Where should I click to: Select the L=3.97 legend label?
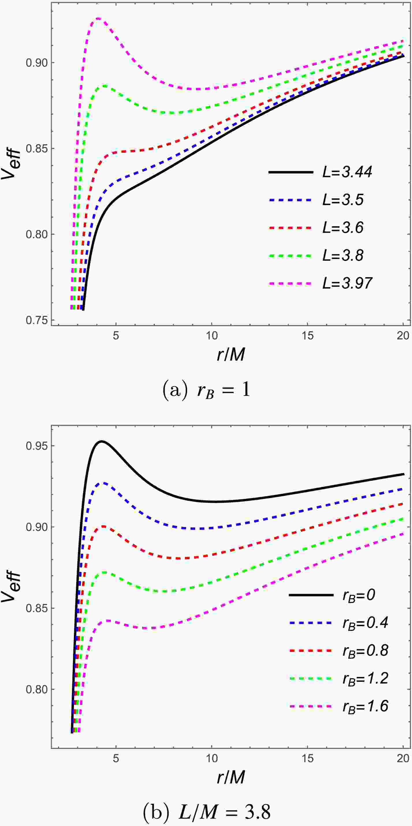tap(347, 284)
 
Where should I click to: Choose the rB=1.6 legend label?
tap(365, 706)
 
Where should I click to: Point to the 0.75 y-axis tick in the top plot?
tap(37, 320)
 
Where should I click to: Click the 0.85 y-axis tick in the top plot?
tap(37, 149)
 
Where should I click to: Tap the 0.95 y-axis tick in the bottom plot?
tap(37, 446)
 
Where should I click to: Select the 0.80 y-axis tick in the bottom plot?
tap(37, 689)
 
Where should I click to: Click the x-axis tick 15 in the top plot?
tap(307, 336)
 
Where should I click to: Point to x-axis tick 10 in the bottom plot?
tap(212, 758)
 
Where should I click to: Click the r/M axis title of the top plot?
tap(231, 355)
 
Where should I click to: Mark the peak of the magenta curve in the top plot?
tap(98, 18)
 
